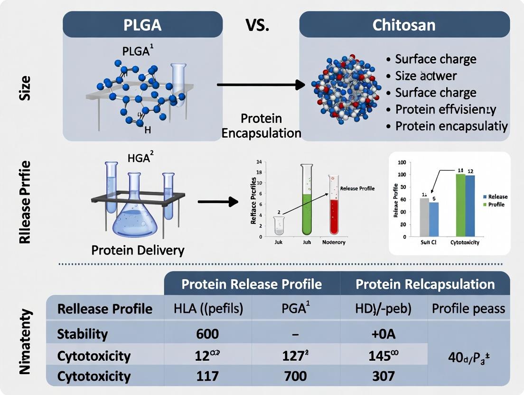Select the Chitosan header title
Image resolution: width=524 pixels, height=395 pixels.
(x=404, y=24)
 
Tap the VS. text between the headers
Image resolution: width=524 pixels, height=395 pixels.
(x=257, y=25)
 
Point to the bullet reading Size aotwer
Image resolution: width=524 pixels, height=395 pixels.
(x=426, y=75)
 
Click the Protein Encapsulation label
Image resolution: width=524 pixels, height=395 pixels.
(x=261, y=126)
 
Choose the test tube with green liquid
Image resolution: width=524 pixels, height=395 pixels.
(x=307, y=202)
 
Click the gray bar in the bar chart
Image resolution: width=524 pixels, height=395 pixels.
(x=424, y=217)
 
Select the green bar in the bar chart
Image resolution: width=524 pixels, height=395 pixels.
(x=460, y=205)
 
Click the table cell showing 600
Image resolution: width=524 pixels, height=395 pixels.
(x=207, y=334)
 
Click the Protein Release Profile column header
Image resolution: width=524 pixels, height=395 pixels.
(x=252, y=284)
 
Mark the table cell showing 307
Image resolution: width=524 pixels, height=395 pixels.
(x=383, y=376)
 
